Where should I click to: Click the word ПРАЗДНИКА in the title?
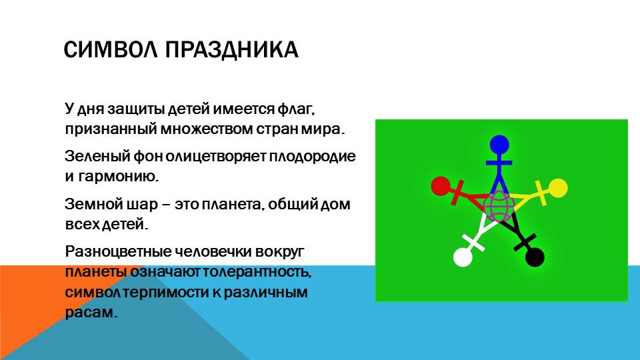232,50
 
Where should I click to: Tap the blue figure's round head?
499,145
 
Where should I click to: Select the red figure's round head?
441,186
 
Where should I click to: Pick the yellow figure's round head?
557,188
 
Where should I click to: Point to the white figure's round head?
463,257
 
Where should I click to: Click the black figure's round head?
535,257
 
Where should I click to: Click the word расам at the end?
91,313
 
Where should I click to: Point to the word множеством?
206,129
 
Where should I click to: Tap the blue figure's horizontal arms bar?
499,163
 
